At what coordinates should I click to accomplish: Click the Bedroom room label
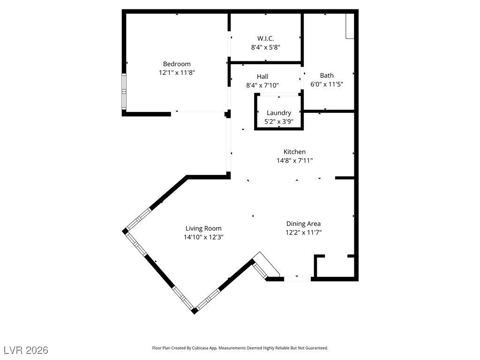[x=177, y=64]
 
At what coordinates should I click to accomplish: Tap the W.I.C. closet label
[x=265, y=38]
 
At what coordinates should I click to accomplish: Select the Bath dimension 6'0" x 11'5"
[x=327, y=84]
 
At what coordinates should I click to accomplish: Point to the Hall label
[x=262, y=76]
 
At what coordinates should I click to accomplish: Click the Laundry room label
[x=279, y=113]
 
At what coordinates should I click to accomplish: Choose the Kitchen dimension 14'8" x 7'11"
[x=294, y=160]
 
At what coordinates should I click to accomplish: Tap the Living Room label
[x=203, y=229]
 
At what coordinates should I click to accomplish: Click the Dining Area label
[x=303, y=224]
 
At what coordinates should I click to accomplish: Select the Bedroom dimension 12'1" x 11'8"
[x=177, y=73]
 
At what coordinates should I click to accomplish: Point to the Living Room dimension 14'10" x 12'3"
[x=203, y=237]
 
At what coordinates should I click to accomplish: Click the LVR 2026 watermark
[x=26, y=350]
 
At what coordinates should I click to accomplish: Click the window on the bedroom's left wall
[x=124, y=91]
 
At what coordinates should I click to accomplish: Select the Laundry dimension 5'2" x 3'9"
[x=279, y=121]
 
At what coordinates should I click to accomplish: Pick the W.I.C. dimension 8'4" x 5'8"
[x=265, y=47]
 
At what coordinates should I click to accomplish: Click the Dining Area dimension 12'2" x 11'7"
[x=303, y=232]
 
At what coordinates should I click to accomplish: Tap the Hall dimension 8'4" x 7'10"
[x=262, y=85]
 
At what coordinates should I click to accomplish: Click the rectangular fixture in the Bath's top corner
[x=349, y=26]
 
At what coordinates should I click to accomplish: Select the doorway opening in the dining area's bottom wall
[x=298, y=279]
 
